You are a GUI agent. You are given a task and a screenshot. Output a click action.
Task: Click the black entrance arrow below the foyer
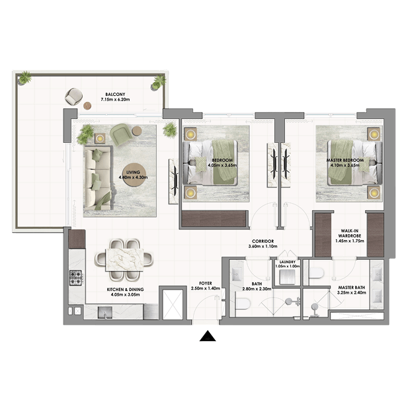[x=208, y=336]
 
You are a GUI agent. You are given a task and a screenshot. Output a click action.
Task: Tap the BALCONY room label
[x=115, y=94]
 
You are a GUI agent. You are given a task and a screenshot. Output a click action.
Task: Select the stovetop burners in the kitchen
[x=76, y=278]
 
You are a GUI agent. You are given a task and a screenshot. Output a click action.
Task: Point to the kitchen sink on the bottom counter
[x=105, y=313]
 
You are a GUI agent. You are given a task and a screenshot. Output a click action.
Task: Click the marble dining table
[x=124, y=260]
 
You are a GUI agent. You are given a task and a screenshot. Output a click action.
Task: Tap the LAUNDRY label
[x=288, y=262]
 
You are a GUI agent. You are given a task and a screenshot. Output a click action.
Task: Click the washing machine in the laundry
[x=287, y=277]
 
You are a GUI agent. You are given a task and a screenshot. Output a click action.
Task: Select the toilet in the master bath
[x=316, y=272]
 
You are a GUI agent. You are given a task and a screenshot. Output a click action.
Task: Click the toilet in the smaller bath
[x=243, y=304]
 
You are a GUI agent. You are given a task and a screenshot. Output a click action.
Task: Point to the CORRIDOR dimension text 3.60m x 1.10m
[x=263, y=246]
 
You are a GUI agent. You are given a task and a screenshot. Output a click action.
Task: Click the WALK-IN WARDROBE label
[x=350, y=233]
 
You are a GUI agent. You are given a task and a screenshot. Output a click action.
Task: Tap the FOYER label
[x=206, y=283]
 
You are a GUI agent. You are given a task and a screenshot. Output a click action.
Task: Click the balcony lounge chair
[x=74, y=97]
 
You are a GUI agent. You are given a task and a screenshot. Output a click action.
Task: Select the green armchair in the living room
[x=120, y=134]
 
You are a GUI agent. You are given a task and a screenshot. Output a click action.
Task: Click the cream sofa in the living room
[x=98, y=178]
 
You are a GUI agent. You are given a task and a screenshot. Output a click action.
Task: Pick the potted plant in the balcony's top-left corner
[x=25, y=77]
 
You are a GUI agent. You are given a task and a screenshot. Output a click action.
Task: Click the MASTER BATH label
[x=351, y=288]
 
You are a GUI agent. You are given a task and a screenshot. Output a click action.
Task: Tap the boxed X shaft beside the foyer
[x=173, y=304]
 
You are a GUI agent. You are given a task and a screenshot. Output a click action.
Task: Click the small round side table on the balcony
[x=87, y=106]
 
